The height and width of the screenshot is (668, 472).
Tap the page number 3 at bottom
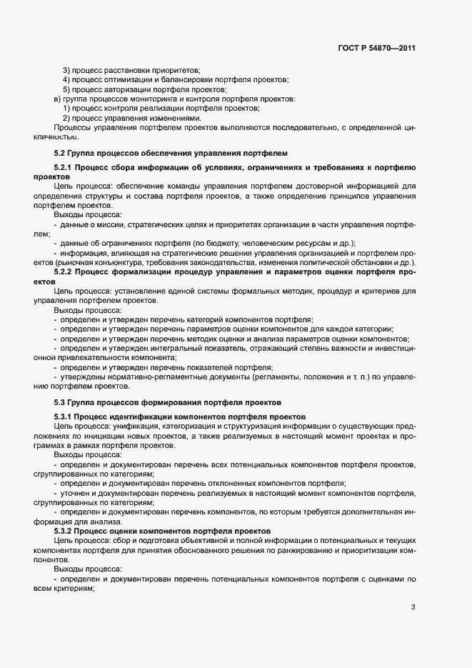(413, 607)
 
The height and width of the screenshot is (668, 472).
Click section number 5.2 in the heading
(61, 152)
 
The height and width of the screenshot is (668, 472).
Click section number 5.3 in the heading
(61, 402)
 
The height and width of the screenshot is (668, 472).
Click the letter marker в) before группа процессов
(57, 99)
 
